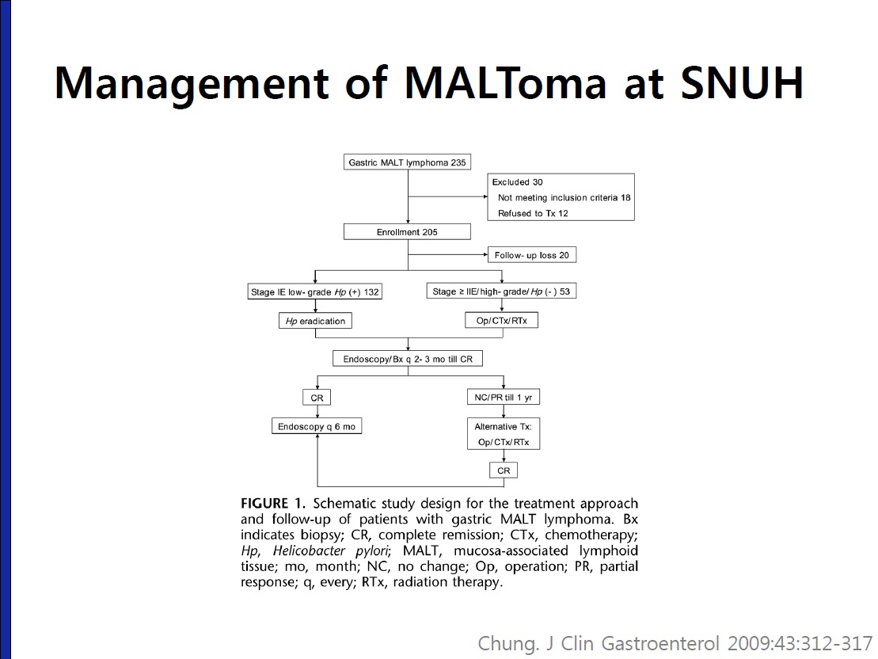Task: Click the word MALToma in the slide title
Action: tap(505, 83)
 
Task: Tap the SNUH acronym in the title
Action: tap(742, 83)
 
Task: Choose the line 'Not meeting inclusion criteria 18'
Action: tap(564, 198)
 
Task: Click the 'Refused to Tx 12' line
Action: tap(533, 214)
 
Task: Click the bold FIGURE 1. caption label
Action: tap(273, 503)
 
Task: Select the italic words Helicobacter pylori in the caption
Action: tap(332, 550)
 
